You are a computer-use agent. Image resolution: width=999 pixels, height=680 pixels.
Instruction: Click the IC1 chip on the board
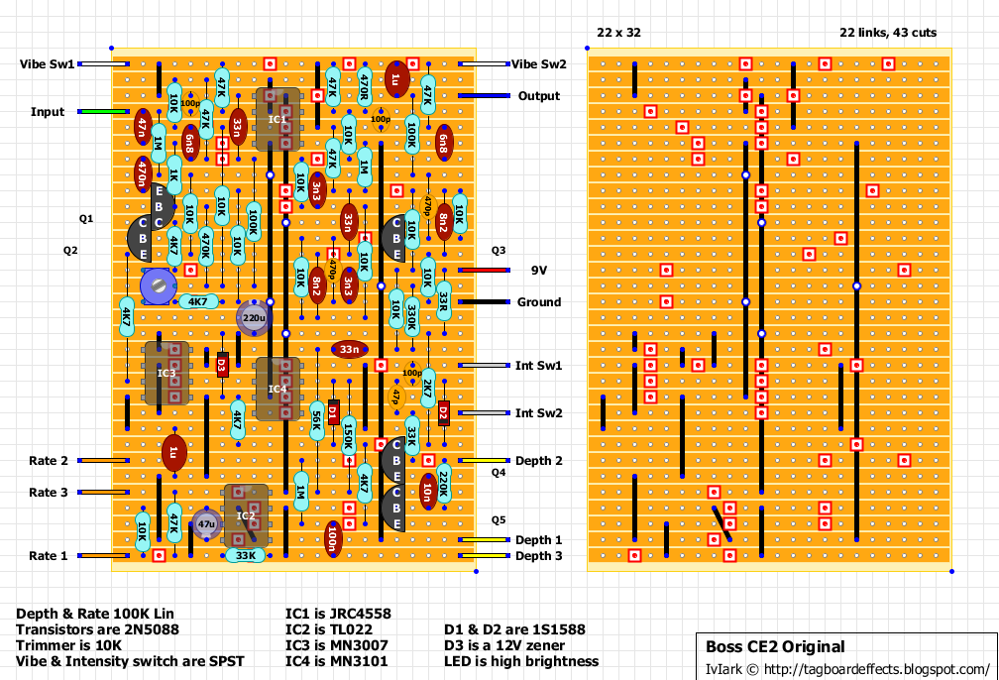point(277,119)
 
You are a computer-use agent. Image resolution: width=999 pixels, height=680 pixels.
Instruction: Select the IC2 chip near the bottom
point(246,515)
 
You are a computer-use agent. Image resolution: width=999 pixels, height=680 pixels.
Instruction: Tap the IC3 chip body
point(166,373)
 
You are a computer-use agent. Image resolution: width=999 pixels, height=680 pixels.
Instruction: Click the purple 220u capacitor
point(254,318)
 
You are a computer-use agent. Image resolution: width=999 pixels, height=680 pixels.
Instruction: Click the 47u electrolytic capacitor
point(206,523)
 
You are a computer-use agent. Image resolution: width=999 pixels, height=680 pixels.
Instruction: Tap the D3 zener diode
point(222,365)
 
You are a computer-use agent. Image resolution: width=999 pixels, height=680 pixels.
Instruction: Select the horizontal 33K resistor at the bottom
point(245,556)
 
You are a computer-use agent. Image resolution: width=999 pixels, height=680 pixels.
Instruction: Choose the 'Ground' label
point(538,302)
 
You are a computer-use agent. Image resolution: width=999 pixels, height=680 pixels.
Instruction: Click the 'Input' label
point(48,112)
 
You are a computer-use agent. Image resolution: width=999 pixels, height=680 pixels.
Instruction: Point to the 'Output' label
point(539,96)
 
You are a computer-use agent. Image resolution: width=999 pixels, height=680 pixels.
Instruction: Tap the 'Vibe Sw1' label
point(47,64)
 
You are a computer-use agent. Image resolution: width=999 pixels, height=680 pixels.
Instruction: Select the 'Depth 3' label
point(538,556)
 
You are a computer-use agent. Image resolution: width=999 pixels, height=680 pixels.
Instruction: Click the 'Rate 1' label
point(49,556)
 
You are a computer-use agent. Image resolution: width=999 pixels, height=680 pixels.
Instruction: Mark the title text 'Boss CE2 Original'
point(775,647)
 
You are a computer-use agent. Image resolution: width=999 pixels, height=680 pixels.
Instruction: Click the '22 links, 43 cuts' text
point(887,33)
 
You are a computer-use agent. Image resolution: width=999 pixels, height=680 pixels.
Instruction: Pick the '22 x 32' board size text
point(618,33)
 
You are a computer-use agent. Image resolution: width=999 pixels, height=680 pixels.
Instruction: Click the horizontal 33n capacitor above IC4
point(349,349)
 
